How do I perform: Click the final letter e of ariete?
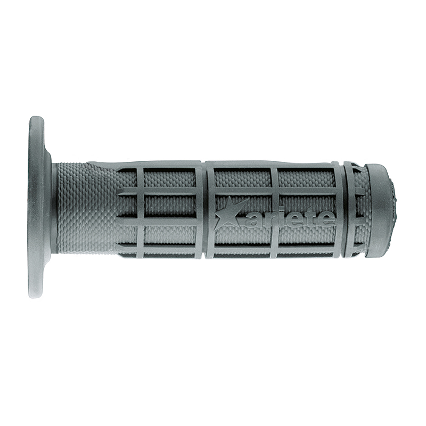[325, 219]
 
